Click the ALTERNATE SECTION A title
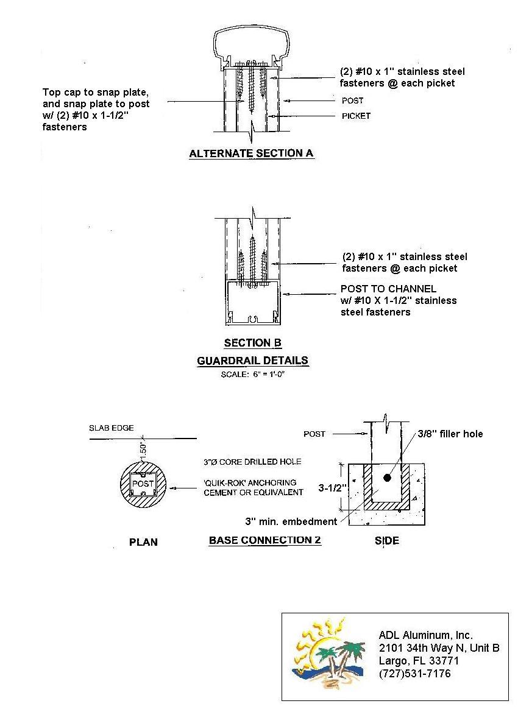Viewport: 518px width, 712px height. tap(251, 153)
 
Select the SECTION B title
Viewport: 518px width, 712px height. tap(253, 343)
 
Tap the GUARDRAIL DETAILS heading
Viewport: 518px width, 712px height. tap(253, 361)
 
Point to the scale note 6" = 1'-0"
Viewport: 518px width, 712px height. tap(253, 375)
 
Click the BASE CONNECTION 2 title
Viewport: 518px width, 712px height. tap(265, 540)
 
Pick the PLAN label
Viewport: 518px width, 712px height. tap(144, 542)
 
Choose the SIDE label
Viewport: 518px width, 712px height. tap(387, 541)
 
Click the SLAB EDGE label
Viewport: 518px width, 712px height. tap(112, 428)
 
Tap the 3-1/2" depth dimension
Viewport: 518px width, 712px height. tap(333, 488)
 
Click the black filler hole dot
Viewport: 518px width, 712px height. tap(387, 478)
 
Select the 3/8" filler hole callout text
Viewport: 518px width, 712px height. tap(450, 434)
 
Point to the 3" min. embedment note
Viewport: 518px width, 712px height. tap(291, 522)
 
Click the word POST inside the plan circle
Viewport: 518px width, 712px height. tap(143, 484)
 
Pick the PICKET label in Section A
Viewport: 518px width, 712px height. tap(357, 116)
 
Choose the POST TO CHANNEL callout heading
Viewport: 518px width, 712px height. tap(389, 289)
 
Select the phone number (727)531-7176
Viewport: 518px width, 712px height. tap(415, 674)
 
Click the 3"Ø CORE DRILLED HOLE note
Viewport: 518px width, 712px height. tap(252, 462)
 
